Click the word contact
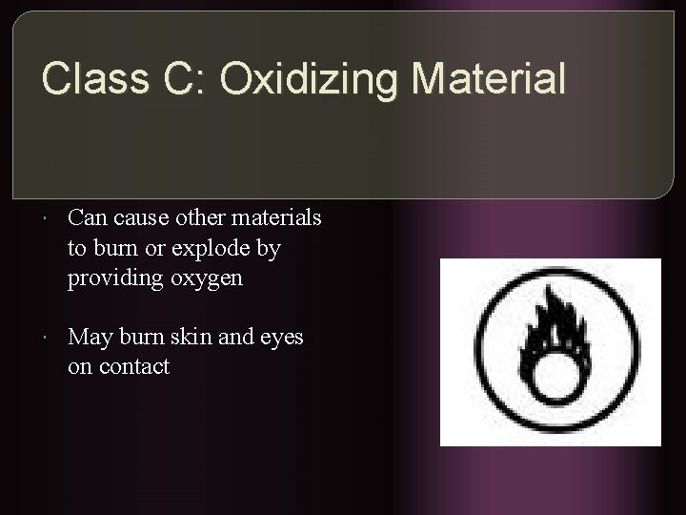point(132,366)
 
